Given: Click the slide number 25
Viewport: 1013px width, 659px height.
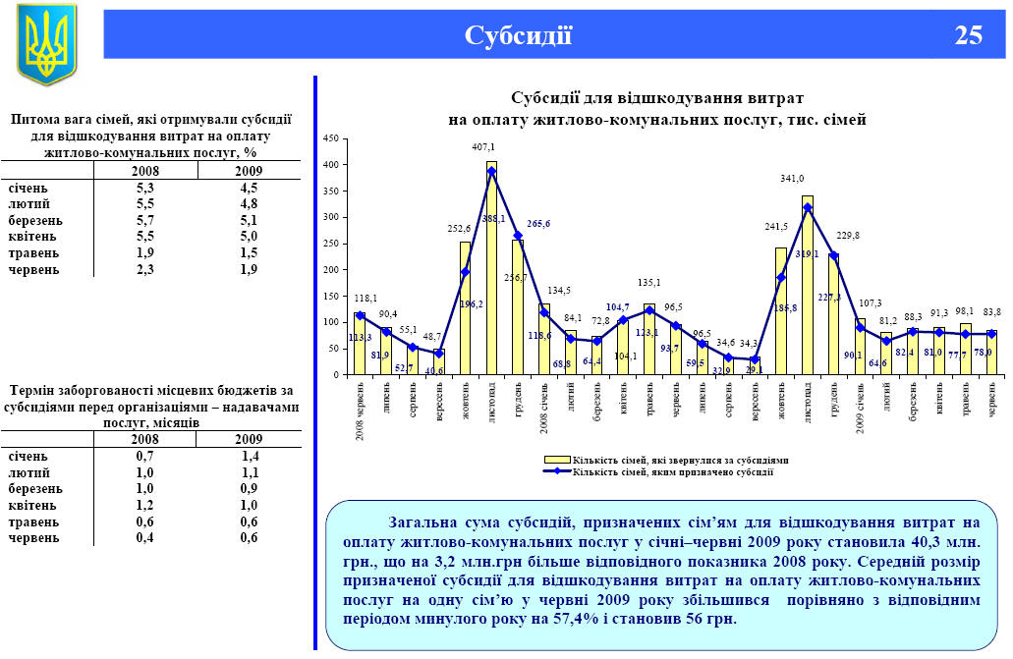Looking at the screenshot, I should click(x=968, y=36).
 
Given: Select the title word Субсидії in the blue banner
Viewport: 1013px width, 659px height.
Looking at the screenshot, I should click(x=518, y=36).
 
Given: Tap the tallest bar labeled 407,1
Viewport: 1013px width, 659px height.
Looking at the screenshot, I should click(x=491, y=265).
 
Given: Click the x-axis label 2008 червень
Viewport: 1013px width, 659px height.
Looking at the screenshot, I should click(x=359, y=412).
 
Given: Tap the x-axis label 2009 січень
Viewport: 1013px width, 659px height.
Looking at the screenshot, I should click(x=861, y=411).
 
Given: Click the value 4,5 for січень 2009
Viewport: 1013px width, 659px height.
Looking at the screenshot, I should click(x=249, y=188).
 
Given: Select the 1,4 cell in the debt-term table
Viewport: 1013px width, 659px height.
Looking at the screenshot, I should click(x=249, y=457).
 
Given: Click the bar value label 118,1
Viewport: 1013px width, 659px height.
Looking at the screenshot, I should click(x=365, y=299).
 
